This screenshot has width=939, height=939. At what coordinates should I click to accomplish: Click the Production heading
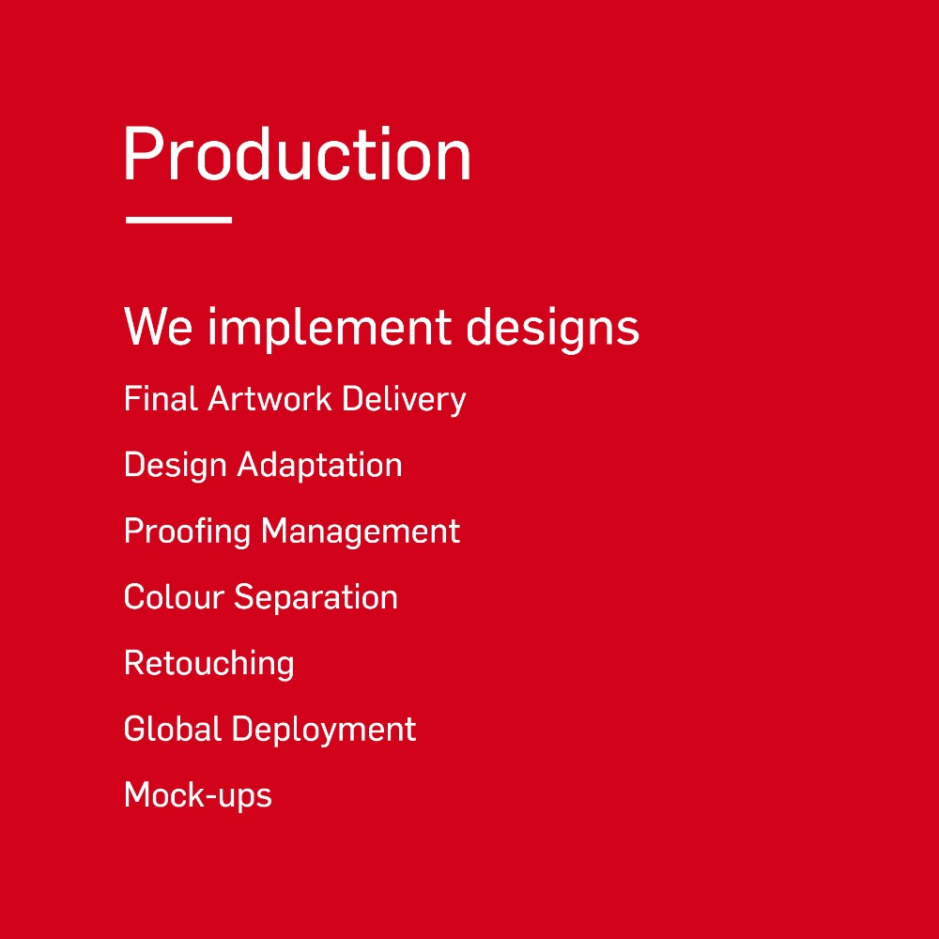tap(298, 153)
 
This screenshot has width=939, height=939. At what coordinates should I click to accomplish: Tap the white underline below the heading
tap(178, 220)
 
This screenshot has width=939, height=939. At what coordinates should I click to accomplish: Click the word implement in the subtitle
tap(330, 328)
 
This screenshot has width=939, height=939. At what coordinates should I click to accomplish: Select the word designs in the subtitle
tap(552, 328)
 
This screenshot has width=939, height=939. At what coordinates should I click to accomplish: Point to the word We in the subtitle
tap(158, 327)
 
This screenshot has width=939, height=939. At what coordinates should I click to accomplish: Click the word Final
tap(161, 398)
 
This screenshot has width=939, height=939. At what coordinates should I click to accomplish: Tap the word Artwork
tap(269, 398)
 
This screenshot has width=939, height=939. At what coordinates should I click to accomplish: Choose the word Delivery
tap(404, 400)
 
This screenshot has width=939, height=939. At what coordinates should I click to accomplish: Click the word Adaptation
tap(320, 466)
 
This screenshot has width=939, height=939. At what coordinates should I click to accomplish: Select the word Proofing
tap(187, 531)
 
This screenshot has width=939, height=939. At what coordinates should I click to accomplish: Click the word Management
tap(361, 531)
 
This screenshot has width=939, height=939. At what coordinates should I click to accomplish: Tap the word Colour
tap(174, 597)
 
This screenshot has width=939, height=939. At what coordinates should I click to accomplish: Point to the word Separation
tap(316, 597)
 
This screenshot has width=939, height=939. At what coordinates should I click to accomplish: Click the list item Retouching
tap(209, 664)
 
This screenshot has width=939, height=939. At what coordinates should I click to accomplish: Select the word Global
tap(173, 729)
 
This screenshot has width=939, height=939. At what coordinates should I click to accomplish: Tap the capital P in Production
tap(143, 153)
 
